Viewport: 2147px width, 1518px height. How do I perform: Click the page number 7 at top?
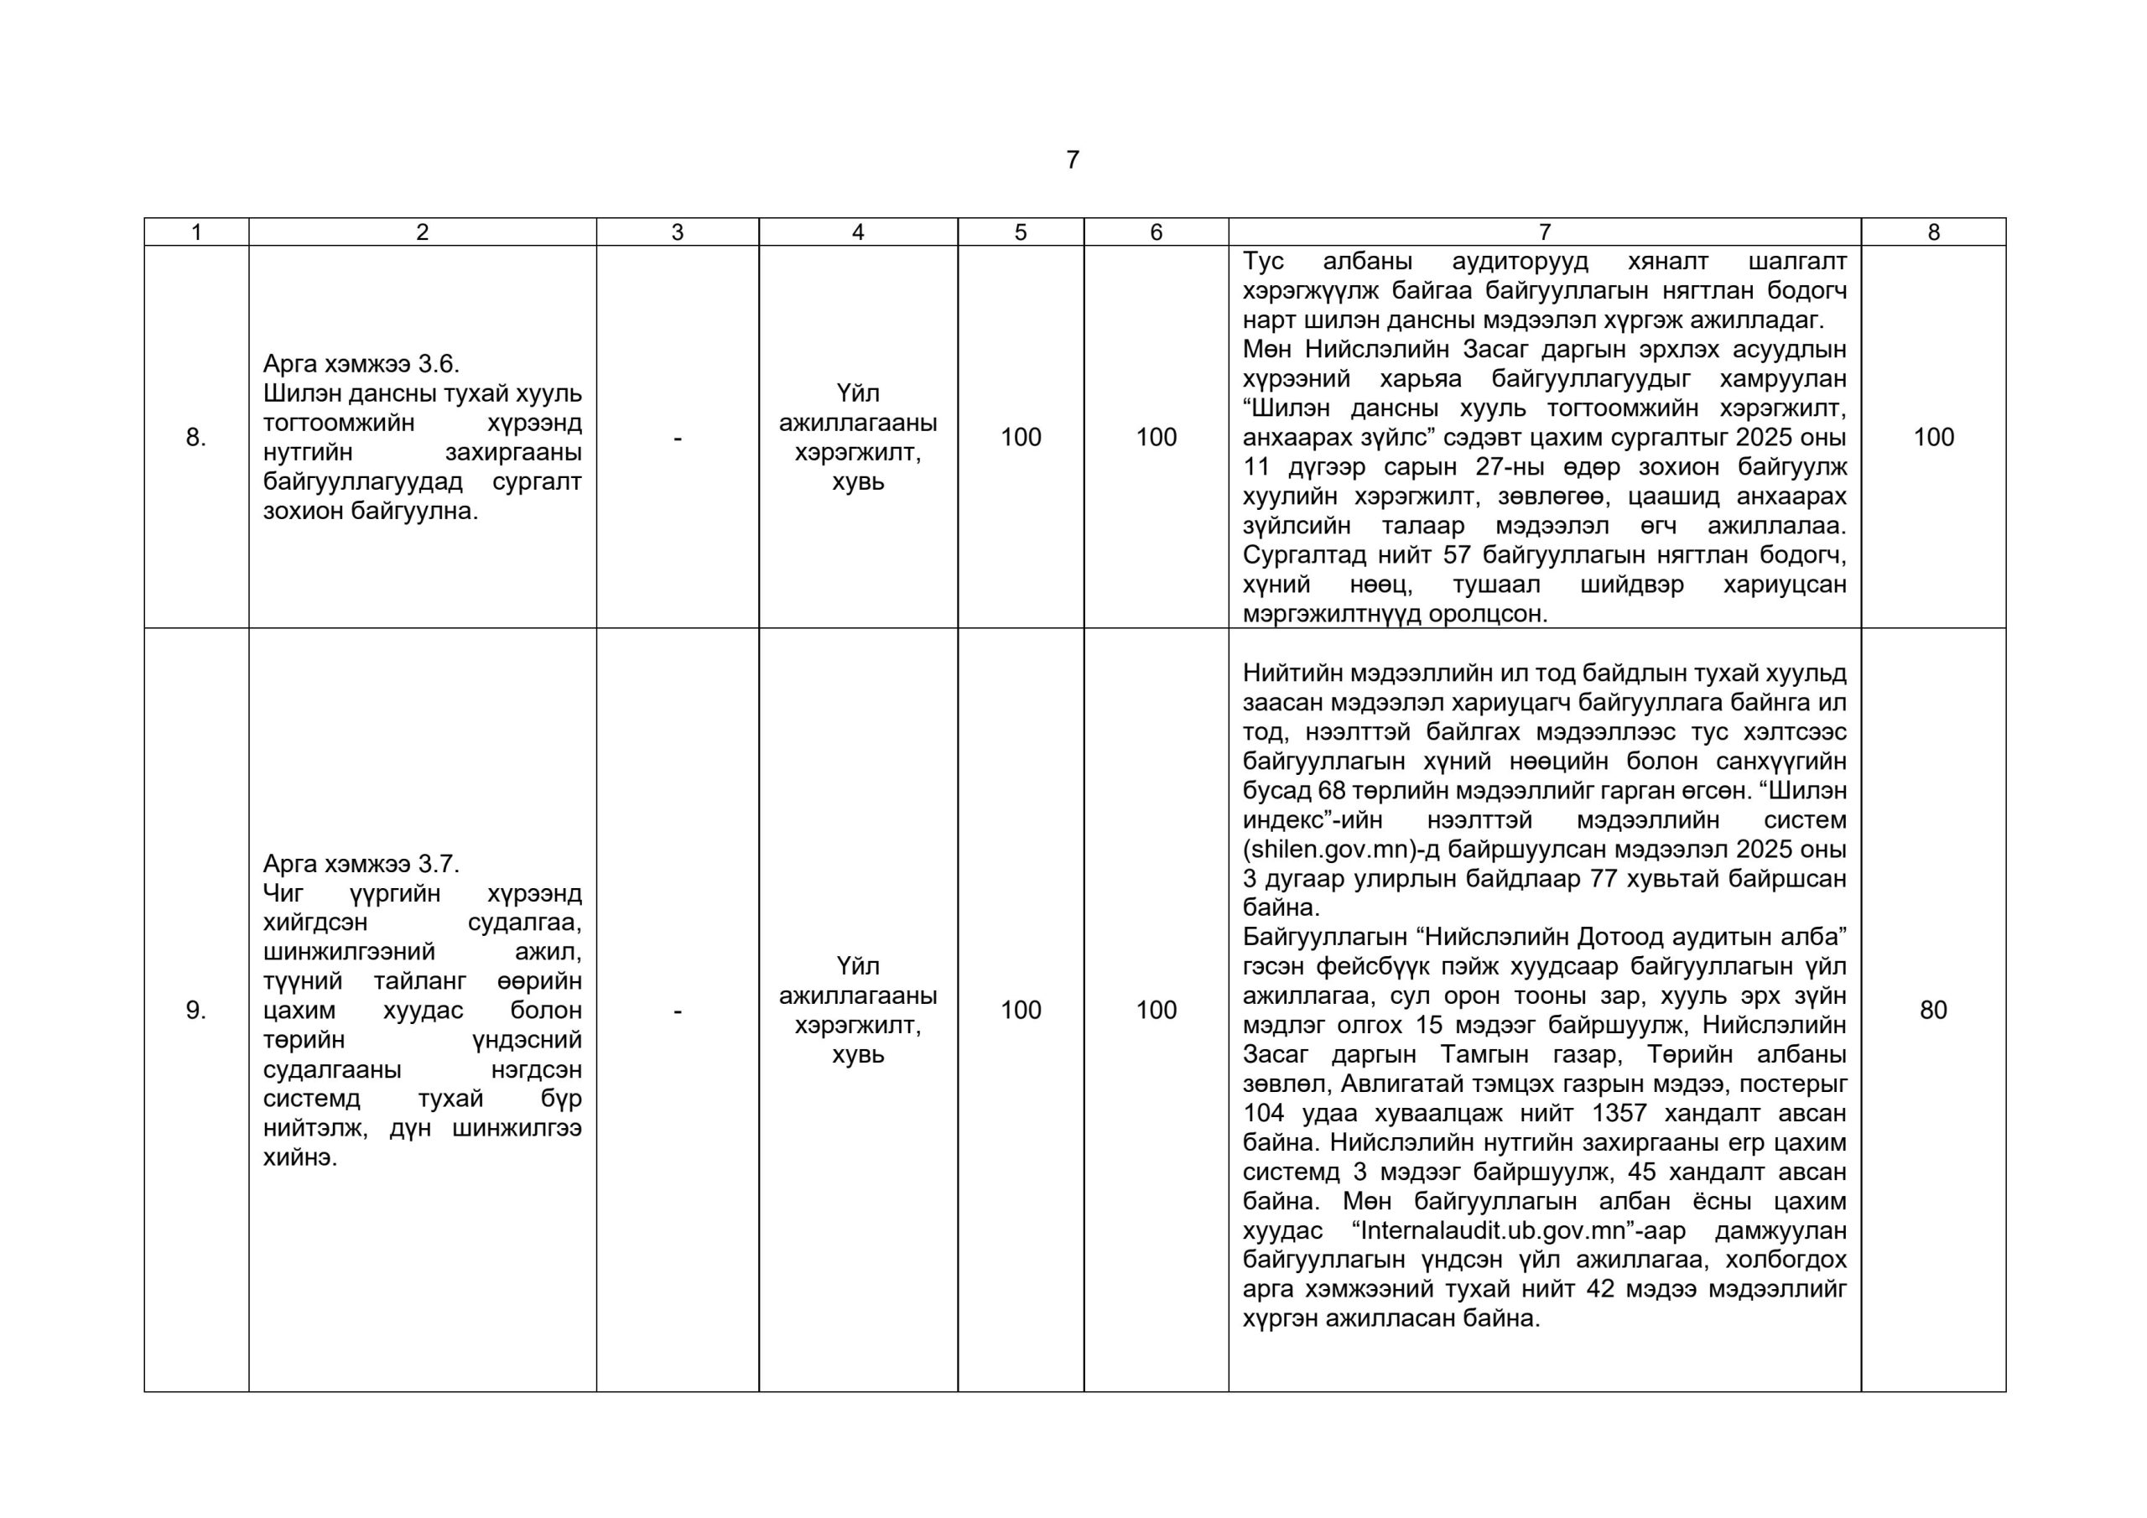(x=1073, y=160)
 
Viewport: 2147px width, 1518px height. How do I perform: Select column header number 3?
(x=677, y=232)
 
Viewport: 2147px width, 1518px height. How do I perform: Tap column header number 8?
(x=1934, y=232)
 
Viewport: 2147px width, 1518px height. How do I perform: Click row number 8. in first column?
(x=195, y=437)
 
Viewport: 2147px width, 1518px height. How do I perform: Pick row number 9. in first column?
(x=195, y=1010)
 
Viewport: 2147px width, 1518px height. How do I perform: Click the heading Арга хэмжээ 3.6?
(x=361, y=364)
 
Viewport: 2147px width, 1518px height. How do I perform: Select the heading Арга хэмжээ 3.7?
(x=361, y=863)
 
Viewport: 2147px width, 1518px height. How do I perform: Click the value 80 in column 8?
(x=1933, y=1010)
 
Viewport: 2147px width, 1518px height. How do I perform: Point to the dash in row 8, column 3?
(x=677, y=437)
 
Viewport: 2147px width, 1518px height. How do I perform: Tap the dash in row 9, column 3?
(x=677, y=1010)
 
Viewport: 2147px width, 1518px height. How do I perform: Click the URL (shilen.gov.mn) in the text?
(x=1340, y=850)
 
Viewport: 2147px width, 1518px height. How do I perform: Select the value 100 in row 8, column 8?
(x=1933, y=437)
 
